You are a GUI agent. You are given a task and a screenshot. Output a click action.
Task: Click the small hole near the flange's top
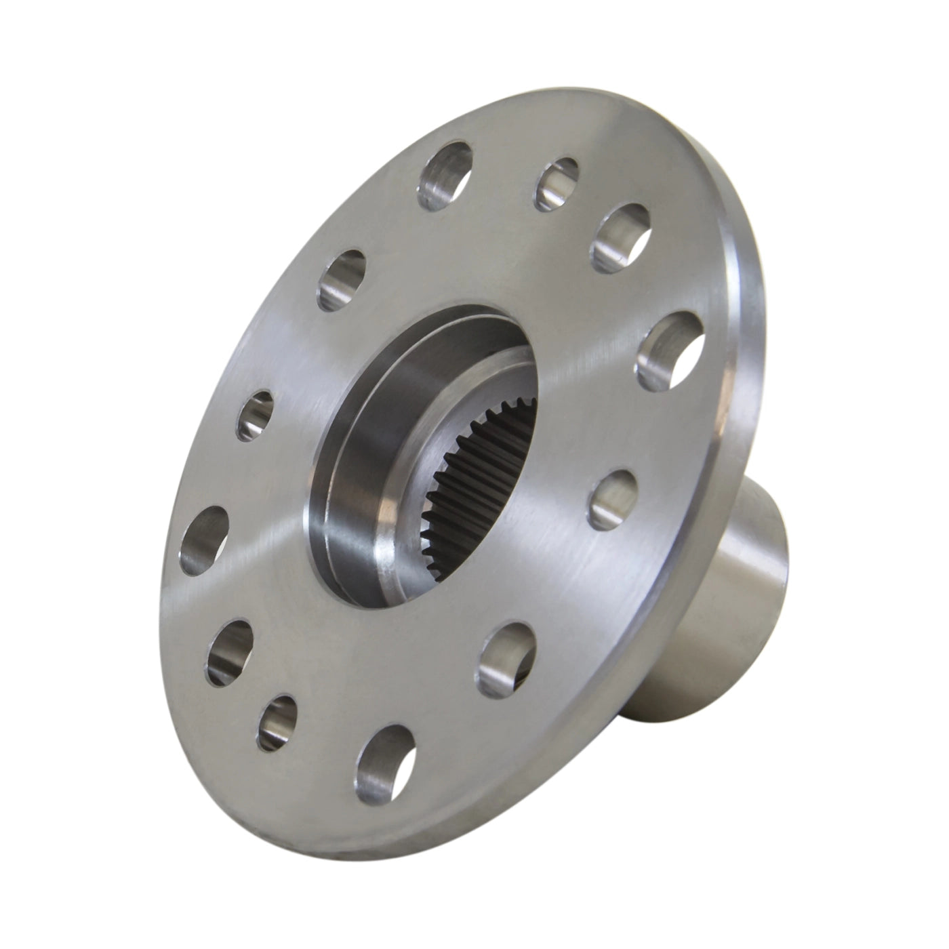[x=559, y=183]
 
